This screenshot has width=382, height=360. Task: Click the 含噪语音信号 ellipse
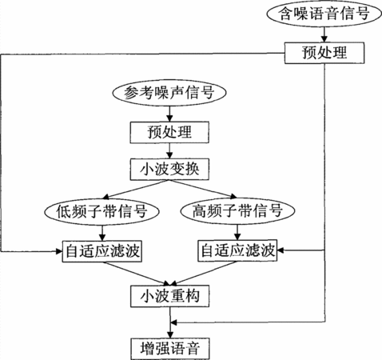click(324, 14)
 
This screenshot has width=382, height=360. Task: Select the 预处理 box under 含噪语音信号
click(324, 53)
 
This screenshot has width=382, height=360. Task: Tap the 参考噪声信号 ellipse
click(169, 93)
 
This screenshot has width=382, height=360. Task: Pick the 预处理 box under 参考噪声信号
click(169, 132)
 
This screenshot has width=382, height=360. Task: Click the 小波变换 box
click(169, 169)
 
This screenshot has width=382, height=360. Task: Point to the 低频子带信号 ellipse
click(102, 211)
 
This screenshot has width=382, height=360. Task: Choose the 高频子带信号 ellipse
click(237, 210)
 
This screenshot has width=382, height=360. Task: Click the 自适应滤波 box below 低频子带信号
click(102, 251)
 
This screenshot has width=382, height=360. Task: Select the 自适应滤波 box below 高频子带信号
click(237, 250)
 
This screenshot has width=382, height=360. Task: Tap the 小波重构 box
click(169, 296)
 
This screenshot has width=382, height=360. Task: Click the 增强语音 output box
click(170, 349)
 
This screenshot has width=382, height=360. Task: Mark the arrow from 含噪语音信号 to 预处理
click(324, 34)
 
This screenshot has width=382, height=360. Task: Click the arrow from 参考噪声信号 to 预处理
click(169, 114)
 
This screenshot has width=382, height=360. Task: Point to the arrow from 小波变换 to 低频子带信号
click(136, 189)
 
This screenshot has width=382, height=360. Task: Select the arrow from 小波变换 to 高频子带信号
click(203, 189)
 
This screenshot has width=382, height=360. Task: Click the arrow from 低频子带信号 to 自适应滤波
click(102, 233)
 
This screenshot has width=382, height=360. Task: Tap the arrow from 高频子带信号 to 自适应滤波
click(237, 232)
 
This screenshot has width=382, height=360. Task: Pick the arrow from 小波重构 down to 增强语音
click(170, 322)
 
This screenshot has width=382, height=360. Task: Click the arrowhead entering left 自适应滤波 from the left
click(59, 251)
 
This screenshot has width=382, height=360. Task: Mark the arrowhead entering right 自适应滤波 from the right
click(281, 250)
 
